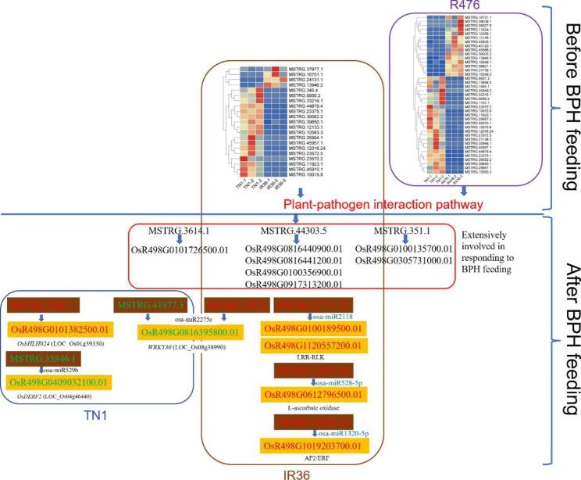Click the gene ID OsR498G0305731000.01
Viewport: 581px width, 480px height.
[x=404, y=260]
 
